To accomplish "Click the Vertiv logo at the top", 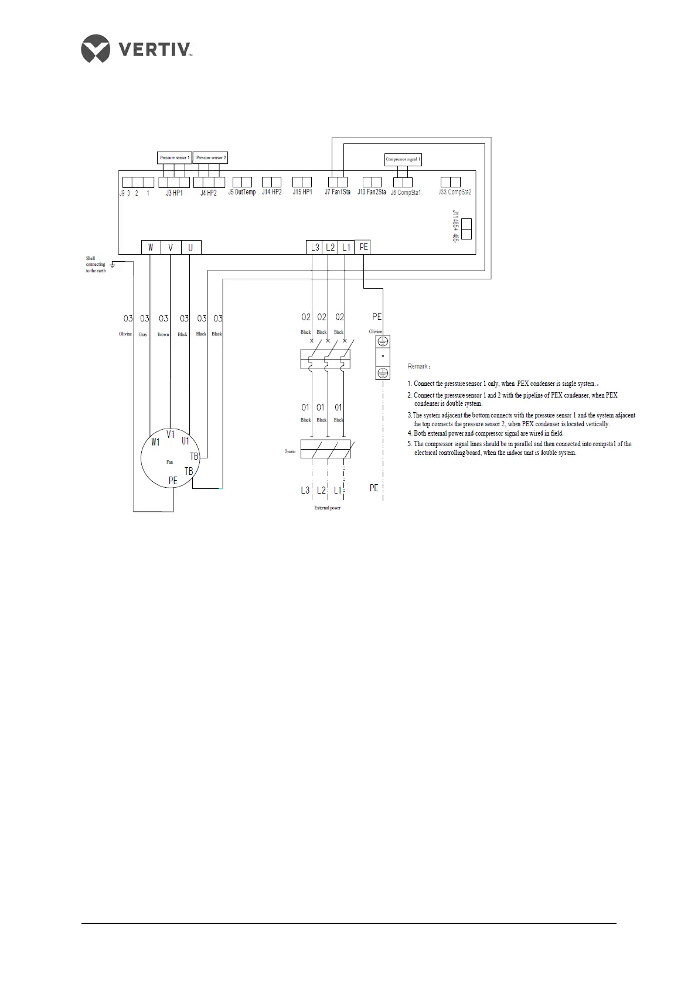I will (x=137, y=48).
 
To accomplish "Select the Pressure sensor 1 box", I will (x=175, y=158).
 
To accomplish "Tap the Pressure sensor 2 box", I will (x=210, y=158).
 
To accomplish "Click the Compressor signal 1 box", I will (x=403, y=159).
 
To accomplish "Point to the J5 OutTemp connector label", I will (x=242, y=192).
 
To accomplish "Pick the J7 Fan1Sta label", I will (x=338, y=192).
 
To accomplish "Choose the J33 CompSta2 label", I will (x=455, y=192).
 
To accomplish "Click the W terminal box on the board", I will (x=151, y=247).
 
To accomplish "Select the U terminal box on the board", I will (x=190, y=247).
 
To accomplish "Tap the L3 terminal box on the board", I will (x=315, y=247).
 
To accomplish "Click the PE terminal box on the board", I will (x=363, y=247).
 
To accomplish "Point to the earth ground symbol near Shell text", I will (x=112, y=265).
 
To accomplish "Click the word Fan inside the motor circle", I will (x=169, y=462).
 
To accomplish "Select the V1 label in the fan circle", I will (x=171, y=434).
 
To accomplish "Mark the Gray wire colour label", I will (x=143, y=334).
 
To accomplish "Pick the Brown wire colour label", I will (x=163, y=334).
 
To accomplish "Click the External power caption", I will (x=327, y=508).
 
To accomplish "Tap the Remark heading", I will (x=419, y=367).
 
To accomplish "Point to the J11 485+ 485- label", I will (x=455, y=228).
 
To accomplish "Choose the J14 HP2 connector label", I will (x=272, y=192).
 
